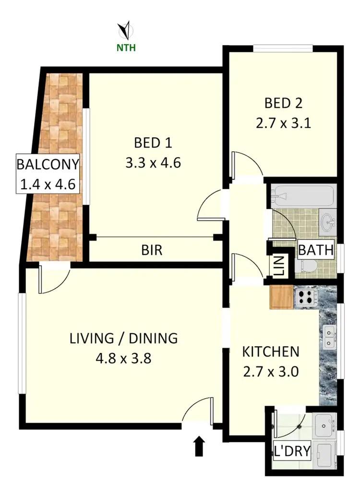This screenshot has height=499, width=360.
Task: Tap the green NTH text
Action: point(127,48)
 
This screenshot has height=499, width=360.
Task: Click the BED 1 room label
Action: point(153,143)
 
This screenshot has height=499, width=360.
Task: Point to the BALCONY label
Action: point(47,164)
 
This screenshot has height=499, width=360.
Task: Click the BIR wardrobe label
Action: point(152,250)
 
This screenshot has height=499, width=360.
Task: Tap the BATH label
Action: point(316,250)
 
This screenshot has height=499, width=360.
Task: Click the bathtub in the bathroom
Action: point(302,196)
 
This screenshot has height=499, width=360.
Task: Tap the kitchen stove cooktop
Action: point(306,297)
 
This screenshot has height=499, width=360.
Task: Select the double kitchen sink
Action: point(329,337)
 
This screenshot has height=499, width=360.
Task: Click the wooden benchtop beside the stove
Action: point(281,297)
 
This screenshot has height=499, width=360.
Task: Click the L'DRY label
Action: point(291,451)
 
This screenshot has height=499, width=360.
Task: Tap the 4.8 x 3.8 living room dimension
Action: point(124,358)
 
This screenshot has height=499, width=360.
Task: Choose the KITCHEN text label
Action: point(270,352)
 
